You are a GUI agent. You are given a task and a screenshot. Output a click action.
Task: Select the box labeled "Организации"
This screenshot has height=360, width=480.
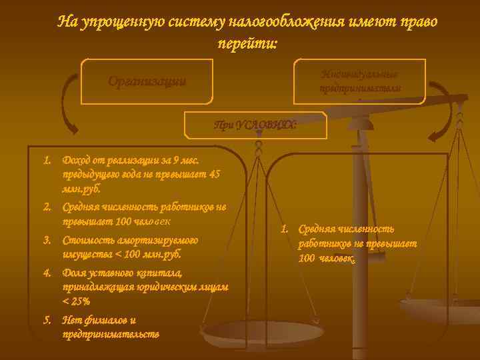(x=147, y=82)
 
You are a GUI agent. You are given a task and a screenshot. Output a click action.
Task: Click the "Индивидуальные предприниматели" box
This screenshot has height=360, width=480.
(x=360, y=81)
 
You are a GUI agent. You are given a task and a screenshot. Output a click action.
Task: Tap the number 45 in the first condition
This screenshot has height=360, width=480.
(x=214, y=175)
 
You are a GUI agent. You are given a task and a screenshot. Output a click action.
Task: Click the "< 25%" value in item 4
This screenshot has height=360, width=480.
(x=75, y=301)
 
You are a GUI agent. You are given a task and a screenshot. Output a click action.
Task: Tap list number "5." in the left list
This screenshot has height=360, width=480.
(x=48, y=320)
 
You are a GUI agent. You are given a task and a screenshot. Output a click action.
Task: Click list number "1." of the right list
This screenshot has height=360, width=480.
(x=285, y=229)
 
